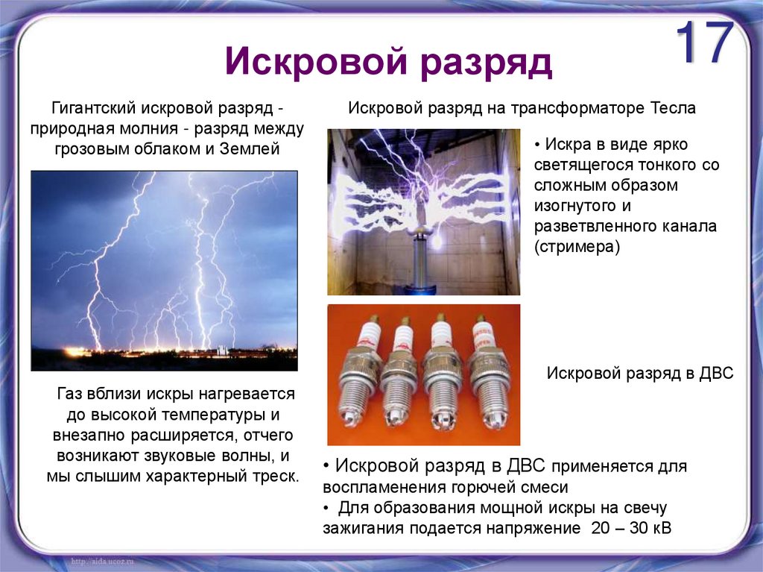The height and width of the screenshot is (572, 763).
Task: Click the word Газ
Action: [x=71, y=393]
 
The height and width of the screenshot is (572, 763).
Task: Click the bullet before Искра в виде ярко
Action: [x=539, y=144]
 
